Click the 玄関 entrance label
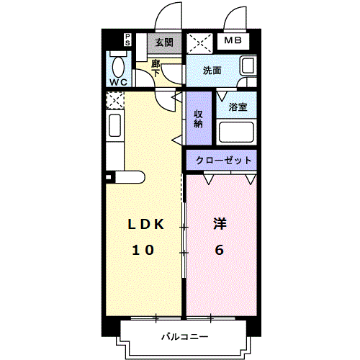point(163,42)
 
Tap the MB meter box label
point(232,42)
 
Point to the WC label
point(119,81)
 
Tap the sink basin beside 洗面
point(247,67)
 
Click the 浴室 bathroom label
point(238,107)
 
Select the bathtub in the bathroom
point(238,133)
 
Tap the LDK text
point(146,225)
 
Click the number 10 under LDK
point(142,250)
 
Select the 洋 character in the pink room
point(220,225)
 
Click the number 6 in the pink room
point(219,250)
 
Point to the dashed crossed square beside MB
point(198,43)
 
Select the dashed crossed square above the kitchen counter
point(115,99)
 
